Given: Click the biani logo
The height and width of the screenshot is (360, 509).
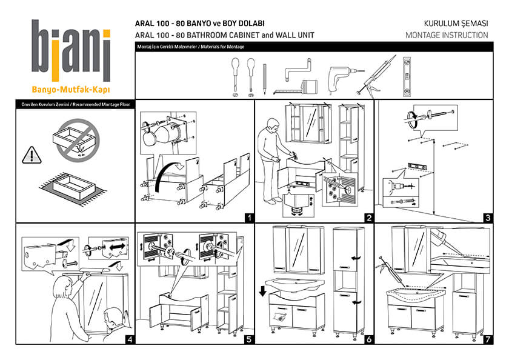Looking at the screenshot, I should pyautogui.click(x=71, y=52).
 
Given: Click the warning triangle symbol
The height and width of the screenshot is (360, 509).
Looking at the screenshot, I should pyautogui.click(x=30, y=156).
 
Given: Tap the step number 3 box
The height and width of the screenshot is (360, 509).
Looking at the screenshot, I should pyautogui.click(x=487, y=217).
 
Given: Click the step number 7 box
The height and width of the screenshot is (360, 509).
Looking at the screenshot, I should pyautogui.click(x=487, y=339).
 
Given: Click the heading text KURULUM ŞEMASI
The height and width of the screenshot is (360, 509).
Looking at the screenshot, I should pyautogui.click(x=456, y=23).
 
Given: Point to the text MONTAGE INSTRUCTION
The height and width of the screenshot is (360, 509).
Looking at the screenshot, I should pyautogui.click(x=447, y=35).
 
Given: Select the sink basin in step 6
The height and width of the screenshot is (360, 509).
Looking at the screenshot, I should pyautogui.click(x=293, y=285).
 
